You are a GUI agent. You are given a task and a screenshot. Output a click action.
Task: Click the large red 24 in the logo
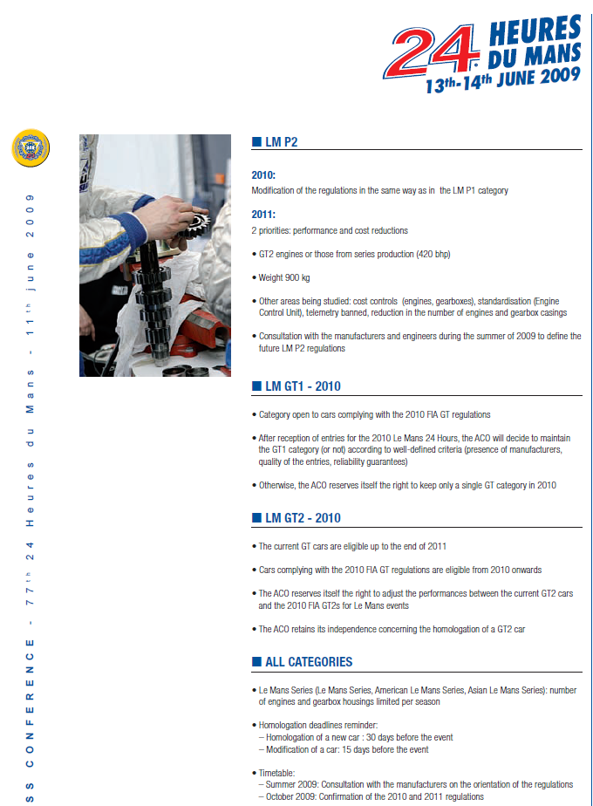coord(432,51)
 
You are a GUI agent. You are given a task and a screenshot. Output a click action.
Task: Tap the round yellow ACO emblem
coord(31,147)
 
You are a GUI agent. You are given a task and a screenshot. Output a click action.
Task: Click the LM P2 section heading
coord(281,141)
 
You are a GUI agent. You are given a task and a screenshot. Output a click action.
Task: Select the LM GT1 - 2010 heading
coord(302,386)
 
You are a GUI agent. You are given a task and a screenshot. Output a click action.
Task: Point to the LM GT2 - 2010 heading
coord(302,518)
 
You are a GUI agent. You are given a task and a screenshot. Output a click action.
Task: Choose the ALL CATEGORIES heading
coord(308,662)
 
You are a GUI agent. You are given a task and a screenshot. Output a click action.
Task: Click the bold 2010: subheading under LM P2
coord(263,174)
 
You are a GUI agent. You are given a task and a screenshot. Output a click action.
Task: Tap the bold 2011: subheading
coord(263,215)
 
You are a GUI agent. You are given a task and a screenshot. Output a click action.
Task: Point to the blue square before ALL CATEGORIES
coord(256,662)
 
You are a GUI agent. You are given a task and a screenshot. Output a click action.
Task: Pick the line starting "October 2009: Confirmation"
coord(371,796)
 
